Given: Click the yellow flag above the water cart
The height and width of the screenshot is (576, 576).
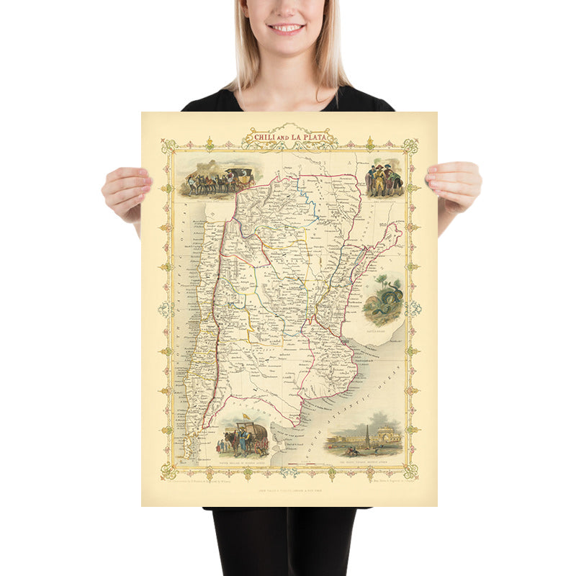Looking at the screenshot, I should tap(246, 417).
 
